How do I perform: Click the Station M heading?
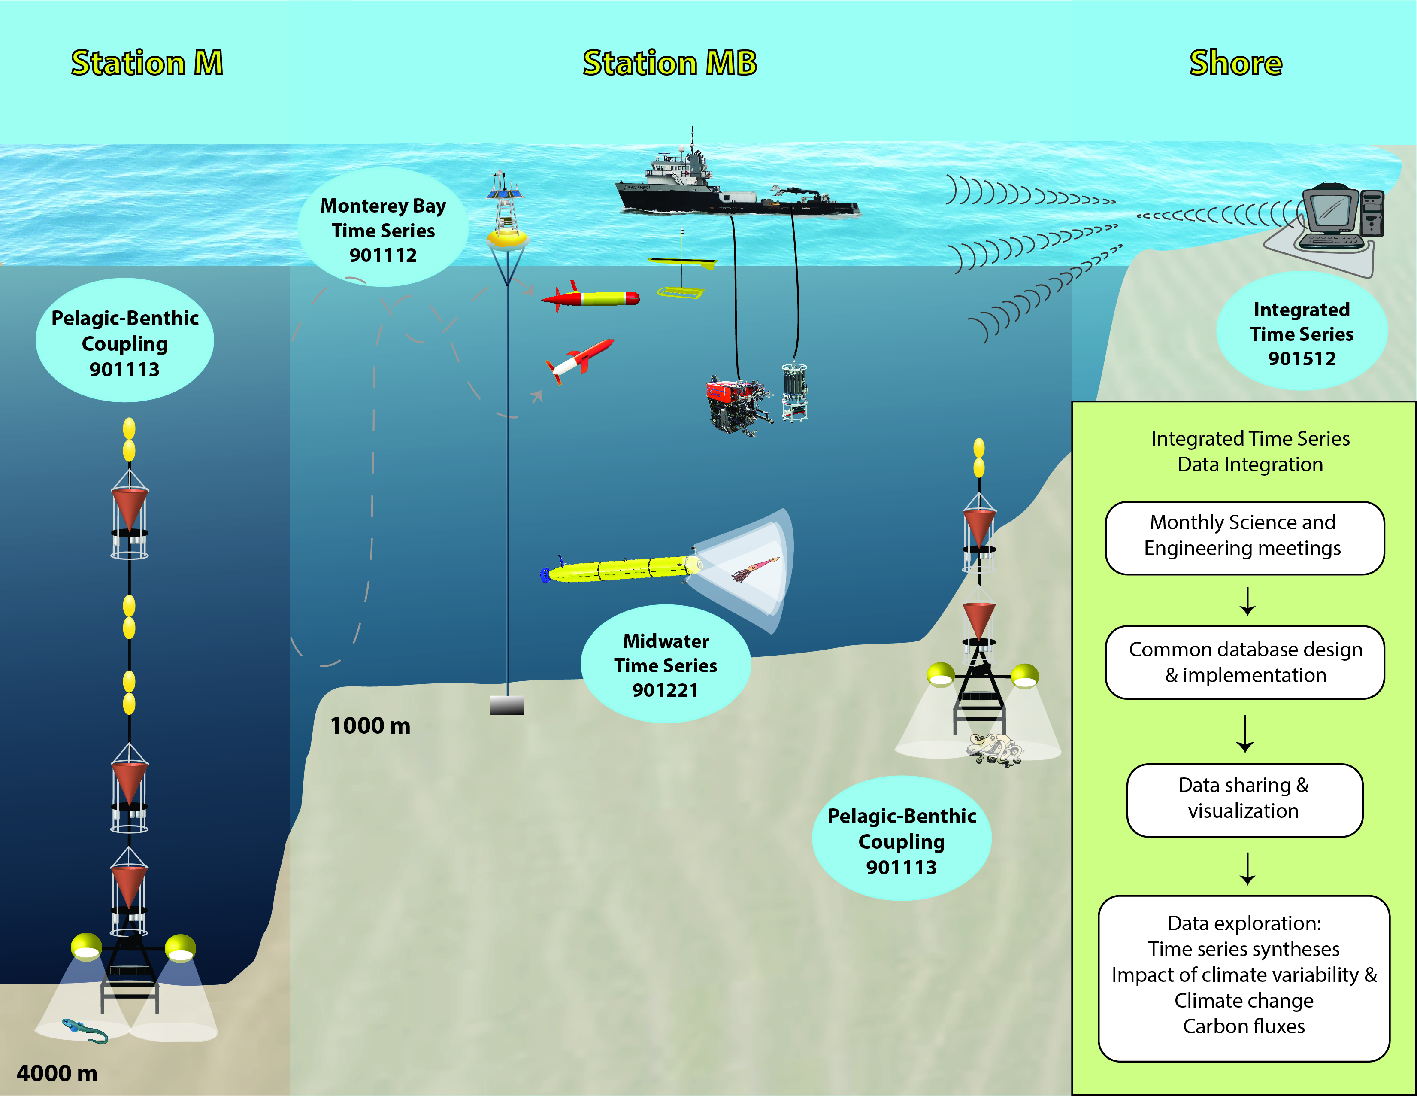click(147, 63)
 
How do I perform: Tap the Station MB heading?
click(669, 63)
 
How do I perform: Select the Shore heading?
click(1235, 63)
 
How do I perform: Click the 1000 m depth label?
click(370, 726)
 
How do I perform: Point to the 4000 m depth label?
click(57, 1073)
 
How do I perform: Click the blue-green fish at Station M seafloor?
click(85, 1030)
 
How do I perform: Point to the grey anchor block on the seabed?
click(507, 705)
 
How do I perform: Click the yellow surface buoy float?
click(507, 237)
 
